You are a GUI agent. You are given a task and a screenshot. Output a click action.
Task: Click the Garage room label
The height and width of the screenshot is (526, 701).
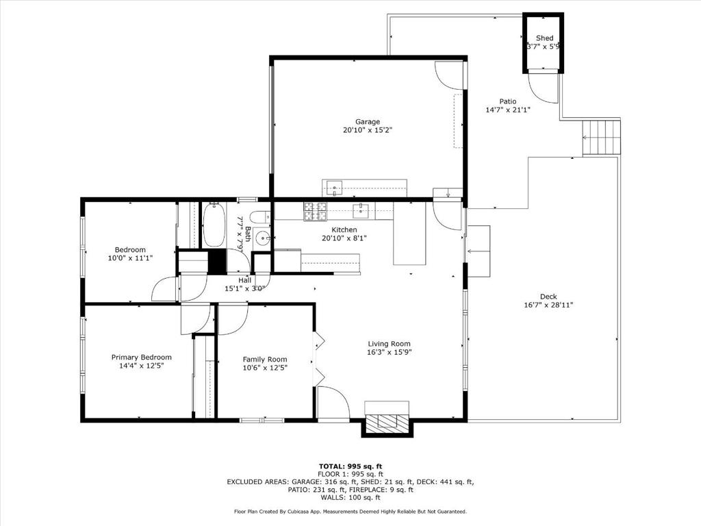(368, 122)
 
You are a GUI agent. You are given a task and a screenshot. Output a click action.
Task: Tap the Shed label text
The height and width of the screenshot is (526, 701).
(544, 38)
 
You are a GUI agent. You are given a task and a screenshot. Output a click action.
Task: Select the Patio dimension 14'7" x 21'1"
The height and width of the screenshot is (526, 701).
(508, 110)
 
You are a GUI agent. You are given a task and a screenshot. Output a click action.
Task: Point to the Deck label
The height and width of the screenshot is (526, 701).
(548, 297)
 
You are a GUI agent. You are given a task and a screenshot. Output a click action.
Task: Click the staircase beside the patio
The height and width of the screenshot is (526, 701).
(601, 138)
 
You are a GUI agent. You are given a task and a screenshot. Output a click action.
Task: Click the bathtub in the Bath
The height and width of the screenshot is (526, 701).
(214, 224)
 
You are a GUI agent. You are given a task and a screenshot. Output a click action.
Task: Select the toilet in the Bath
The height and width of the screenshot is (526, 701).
(259, 218)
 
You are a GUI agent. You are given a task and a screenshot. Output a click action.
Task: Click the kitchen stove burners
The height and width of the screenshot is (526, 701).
(315, 212)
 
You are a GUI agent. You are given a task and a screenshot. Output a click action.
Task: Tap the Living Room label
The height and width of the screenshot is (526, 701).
(389, 344)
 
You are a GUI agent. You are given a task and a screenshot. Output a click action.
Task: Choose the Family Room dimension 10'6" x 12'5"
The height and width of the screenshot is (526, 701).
(265, 368)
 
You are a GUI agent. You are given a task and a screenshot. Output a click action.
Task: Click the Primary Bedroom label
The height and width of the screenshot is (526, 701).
(141, 358)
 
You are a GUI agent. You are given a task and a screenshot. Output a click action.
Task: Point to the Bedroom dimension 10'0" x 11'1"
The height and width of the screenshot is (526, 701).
(130, 258)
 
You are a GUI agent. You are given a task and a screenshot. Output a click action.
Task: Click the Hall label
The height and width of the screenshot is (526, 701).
(244, 280)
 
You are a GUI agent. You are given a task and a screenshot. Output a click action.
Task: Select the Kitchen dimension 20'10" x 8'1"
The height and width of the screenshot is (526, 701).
(344, 238)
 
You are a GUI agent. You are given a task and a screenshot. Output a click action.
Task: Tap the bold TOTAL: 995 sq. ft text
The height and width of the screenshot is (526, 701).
(350, 466)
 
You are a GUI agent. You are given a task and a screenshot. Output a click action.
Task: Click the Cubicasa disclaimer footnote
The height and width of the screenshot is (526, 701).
(350, 511)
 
